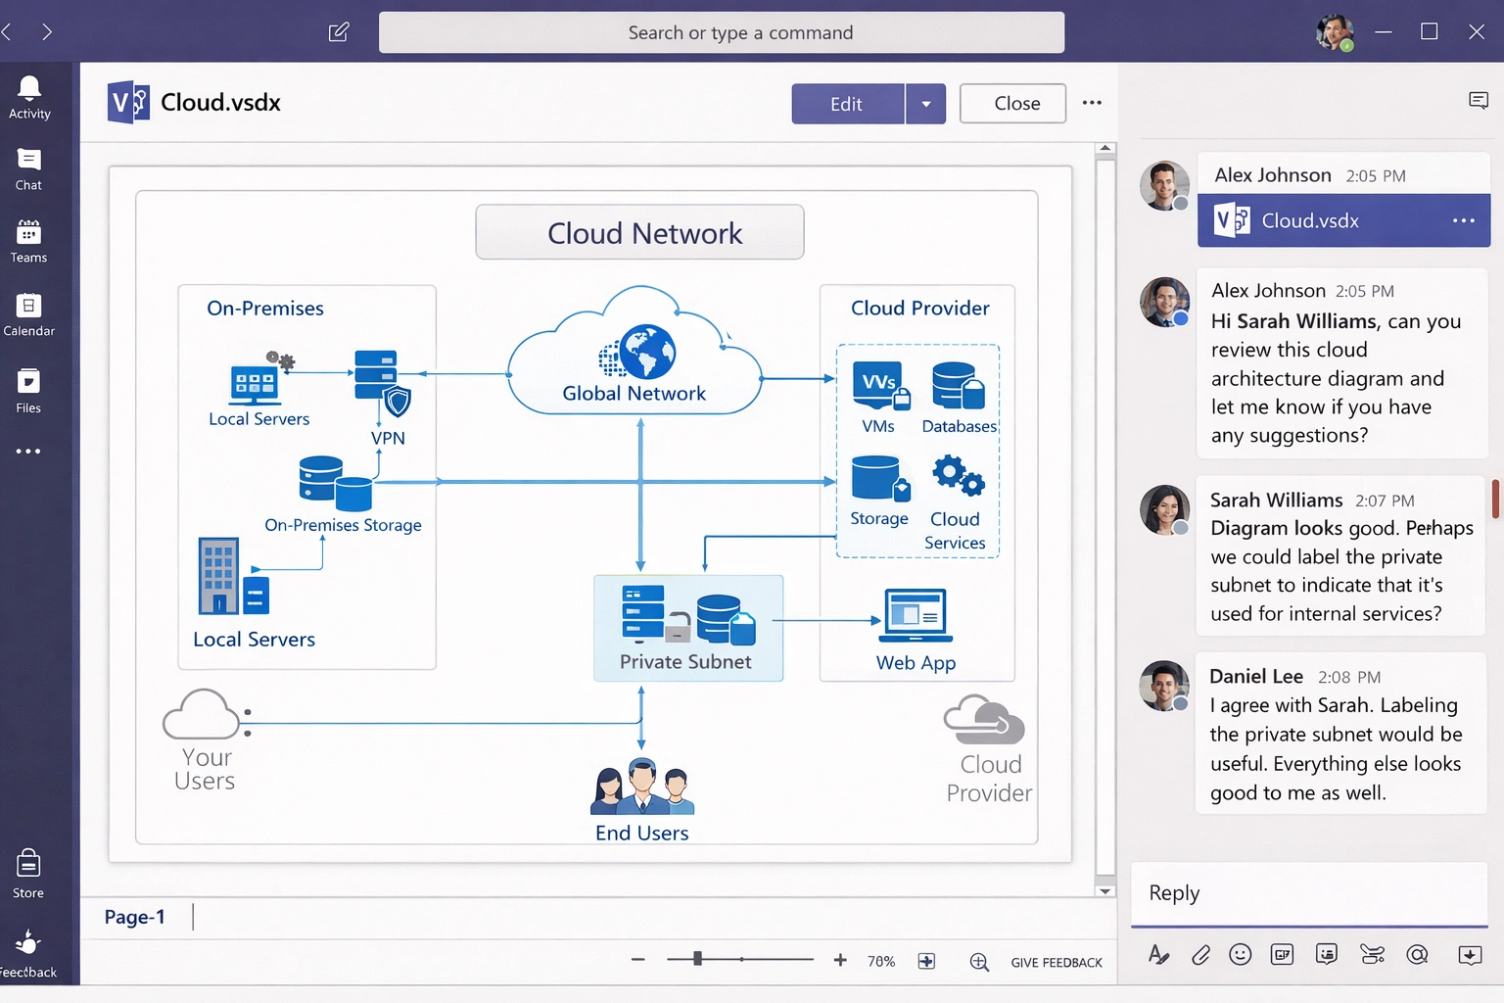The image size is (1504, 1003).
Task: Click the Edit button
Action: click(847, 104)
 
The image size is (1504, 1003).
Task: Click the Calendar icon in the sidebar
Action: click(29, 307)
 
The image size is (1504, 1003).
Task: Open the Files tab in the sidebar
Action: click(29, 382)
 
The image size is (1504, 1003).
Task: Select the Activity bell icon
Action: click(29, 89)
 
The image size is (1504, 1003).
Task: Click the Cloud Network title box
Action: click(639, 232)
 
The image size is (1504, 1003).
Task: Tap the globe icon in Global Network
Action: click(646, 352)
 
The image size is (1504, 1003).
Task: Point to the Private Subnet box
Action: click(687, 628)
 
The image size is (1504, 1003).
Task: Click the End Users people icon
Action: click(642, 788)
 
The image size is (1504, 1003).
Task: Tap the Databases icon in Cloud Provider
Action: click(958, 386)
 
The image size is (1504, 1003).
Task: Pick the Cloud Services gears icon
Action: click(957, 476)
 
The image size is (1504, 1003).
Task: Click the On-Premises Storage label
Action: click(343, 525)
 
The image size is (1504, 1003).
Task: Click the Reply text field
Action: click(1308, 893)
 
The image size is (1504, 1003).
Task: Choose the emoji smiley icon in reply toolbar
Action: click(1240, 955)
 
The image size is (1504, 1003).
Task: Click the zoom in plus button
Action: click(840, 961)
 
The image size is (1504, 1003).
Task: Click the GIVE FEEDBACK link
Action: click(1057, 963)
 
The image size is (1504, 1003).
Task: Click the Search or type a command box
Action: click(722, 32)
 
